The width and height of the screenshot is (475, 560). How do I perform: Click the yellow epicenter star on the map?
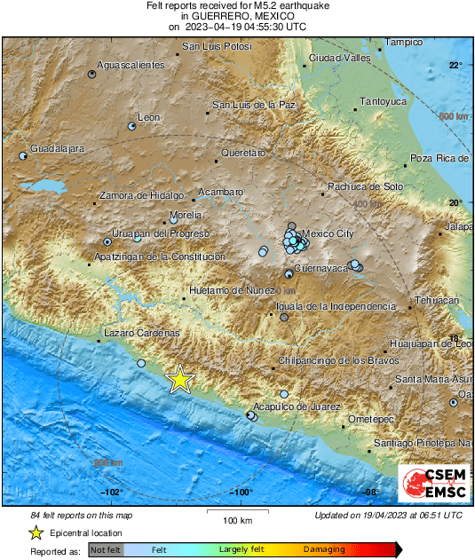180,379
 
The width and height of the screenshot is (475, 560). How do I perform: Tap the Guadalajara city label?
57,148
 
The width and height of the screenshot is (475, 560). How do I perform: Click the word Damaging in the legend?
325,550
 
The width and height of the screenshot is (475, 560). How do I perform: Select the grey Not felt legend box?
105,550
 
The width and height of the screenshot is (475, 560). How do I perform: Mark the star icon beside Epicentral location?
36,532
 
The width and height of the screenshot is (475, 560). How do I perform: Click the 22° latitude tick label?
455,66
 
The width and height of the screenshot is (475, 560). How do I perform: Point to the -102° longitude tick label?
111,492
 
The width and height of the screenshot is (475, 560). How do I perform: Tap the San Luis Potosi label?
210,45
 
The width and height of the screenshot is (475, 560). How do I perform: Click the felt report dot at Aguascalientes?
92,74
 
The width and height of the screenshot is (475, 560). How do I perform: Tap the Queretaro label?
243,153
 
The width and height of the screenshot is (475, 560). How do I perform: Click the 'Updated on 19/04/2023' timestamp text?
388,516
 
